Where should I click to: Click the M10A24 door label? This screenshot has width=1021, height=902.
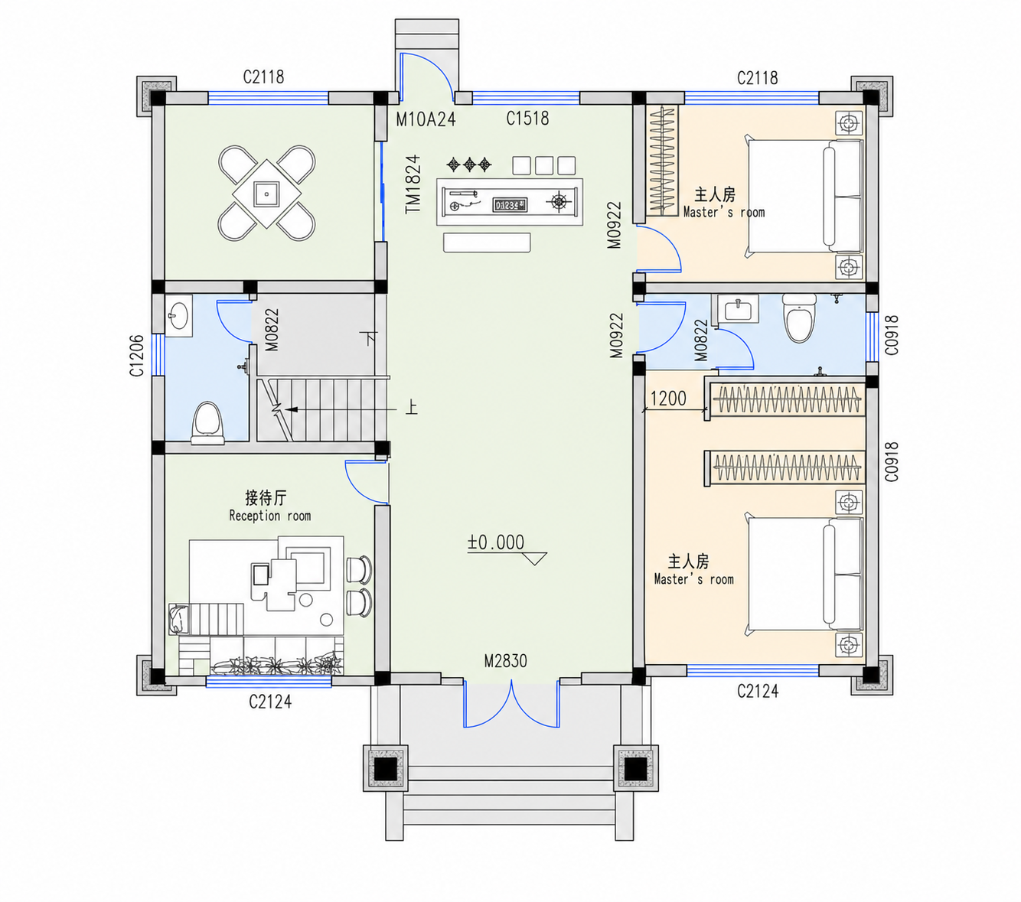click(426, 119)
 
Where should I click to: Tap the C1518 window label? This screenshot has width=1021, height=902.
click(527, 119)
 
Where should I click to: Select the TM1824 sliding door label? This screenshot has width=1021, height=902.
click(413, 184)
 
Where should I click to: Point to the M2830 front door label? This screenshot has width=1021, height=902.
click(505, 661)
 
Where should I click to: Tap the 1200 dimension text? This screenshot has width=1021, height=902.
click(668, 399)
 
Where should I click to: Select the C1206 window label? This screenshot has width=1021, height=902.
click(137, 355)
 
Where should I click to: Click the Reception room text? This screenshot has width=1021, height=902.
click(270, 516)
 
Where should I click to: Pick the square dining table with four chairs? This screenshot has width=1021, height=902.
click(266, 194)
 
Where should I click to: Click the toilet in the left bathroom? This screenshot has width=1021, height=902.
click(207, 423)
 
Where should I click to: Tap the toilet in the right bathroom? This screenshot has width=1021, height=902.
click(799, 318)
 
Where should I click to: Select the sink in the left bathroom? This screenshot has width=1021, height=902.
click(178, 316)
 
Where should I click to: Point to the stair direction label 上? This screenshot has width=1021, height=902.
click(412, 407)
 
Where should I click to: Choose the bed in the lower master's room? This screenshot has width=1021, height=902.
click(804, 575)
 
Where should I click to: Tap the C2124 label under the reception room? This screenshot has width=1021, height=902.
click(270, 701)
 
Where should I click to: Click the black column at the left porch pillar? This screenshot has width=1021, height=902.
click(385, 769)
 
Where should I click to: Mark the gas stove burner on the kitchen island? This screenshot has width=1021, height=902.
click(559, 201)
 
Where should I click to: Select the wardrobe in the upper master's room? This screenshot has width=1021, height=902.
click(662, 161)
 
